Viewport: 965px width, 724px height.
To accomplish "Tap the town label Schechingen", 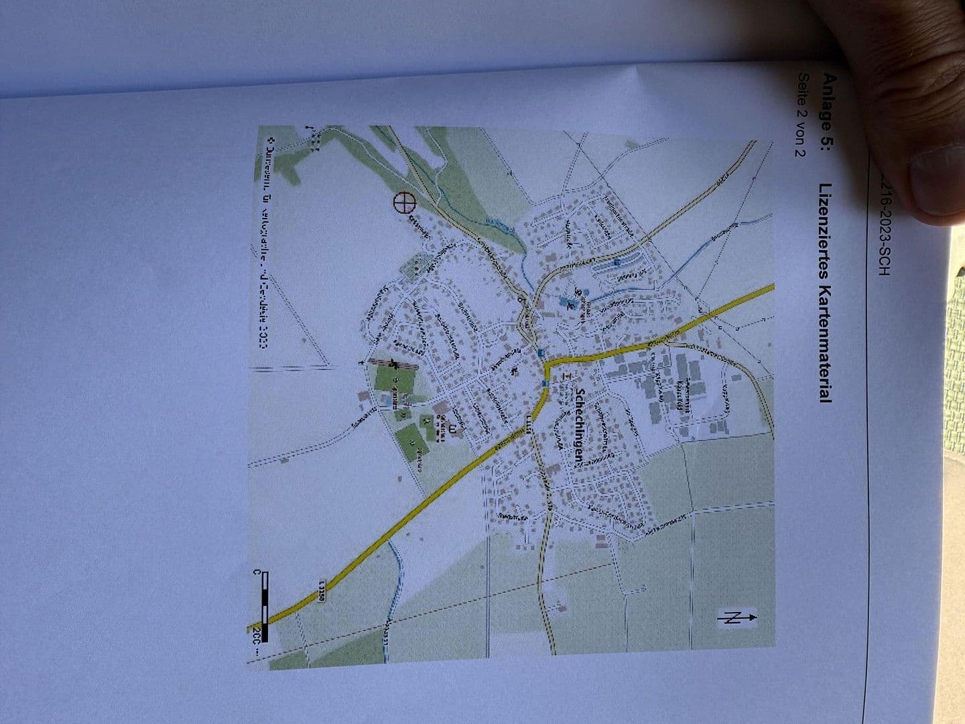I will coord(581,426).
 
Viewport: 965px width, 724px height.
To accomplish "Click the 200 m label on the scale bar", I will coord(257,640).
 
